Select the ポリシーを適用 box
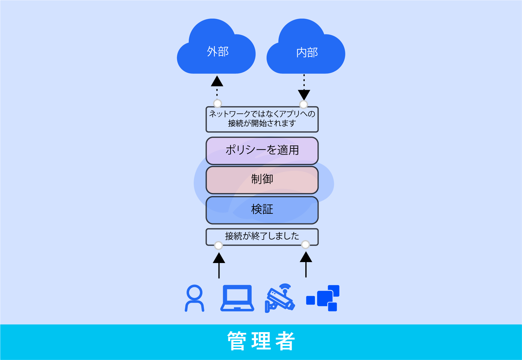tap(262, 151)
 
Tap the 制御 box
tap(262, 180)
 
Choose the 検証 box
tap(262, 210)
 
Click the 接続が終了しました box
tap(262, 236)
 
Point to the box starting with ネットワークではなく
tap(262, 119)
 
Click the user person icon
tap(194, 298)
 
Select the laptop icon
tap(237, 298)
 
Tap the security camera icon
tap(280, 298)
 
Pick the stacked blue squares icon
tap(323, 298)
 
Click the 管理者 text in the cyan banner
tap(261, 341)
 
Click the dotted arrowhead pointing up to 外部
tap(217, 81)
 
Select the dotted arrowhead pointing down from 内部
tap(304, 94)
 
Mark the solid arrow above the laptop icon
tap(219, 265)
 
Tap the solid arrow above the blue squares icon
tap(306, 264)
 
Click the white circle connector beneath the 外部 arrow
tap(218, 103)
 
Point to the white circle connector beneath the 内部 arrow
tap(303, 104)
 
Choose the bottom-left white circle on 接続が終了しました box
tap(219, 246)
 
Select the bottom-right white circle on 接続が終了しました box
tap(305, 245)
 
